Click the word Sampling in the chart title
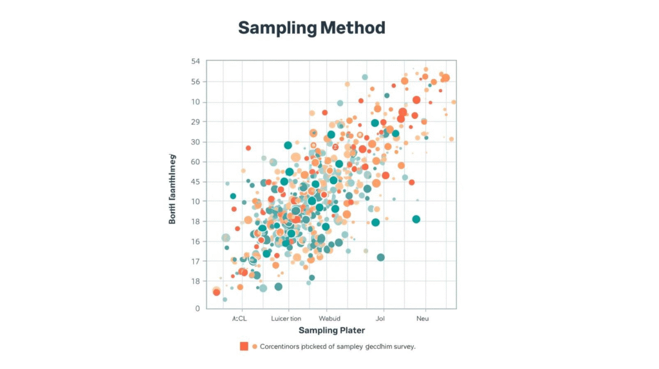pos(277,28)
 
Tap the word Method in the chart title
pos(352,28)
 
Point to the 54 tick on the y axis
pos(195,61)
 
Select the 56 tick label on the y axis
pos(195,82)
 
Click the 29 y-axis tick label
pos(195,122)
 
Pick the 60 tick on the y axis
pos(195,162)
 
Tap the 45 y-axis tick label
pos(195,182)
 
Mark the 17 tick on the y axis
pos(195,261)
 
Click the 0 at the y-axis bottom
pos(198,308)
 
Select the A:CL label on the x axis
pos(239,318)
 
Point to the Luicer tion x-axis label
pos(286,318)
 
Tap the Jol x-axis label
pos(380,318)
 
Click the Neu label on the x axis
pos(422,318)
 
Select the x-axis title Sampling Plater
pos(331,330)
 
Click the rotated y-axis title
pos(172,189)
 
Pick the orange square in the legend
pos(244,346)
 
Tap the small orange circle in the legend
pos(255,346)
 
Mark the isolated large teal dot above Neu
pos(416,219)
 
